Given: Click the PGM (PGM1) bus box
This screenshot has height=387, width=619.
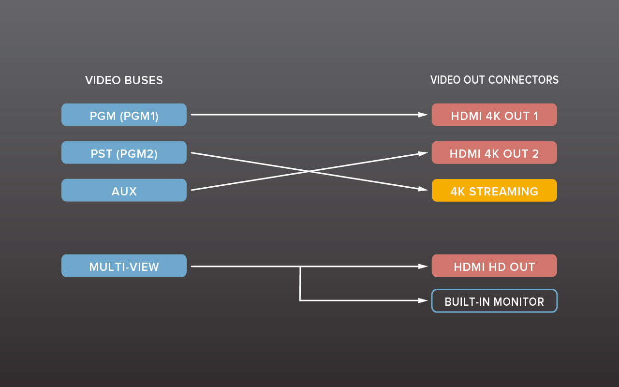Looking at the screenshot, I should point(124,115).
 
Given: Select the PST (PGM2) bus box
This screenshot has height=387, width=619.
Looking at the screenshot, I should point(124,152).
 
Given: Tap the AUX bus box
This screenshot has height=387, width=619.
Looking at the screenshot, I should point(124,190).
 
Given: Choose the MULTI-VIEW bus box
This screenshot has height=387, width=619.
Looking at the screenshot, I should point(124,266).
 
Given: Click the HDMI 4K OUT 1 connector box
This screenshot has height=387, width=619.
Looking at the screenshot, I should point(494,115).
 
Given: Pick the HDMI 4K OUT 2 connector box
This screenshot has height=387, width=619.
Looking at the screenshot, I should point(494,152).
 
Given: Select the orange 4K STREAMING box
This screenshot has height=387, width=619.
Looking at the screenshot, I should point(494,190).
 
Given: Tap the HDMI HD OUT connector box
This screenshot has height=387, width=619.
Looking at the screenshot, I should point(494,266).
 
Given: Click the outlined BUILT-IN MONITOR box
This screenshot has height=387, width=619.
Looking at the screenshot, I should point(494,301).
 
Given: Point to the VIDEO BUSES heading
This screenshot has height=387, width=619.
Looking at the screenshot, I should point(124,80).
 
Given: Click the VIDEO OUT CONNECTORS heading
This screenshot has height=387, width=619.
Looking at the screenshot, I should point(494,80).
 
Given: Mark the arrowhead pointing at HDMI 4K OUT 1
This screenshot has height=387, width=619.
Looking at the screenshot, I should point(424,115).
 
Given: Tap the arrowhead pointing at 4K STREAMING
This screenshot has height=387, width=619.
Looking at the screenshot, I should point(424,189).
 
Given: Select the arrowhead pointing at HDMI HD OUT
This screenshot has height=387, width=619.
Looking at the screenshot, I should point(424,266).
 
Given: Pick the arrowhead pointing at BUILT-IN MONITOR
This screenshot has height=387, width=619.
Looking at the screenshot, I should point(424,300).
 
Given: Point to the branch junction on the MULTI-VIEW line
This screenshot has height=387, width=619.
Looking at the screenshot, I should point(300,266).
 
